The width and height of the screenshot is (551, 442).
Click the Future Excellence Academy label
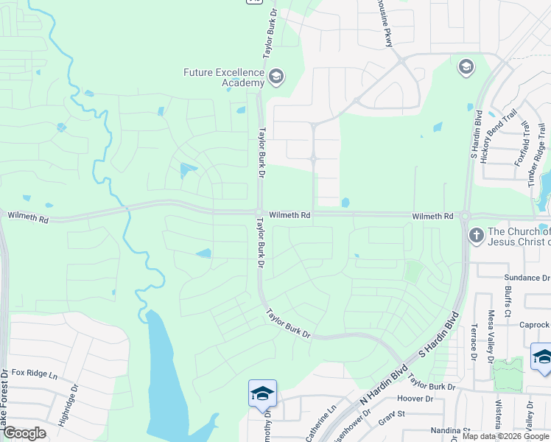[224, 77]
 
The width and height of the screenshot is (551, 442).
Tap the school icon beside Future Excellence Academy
[276, 76]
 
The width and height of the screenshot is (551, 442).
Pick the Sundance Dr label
[527, 278]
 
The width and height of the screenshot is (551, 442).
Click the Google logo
[24, 433]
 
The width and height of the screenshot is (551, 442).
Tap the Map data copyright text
[505, 436]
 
